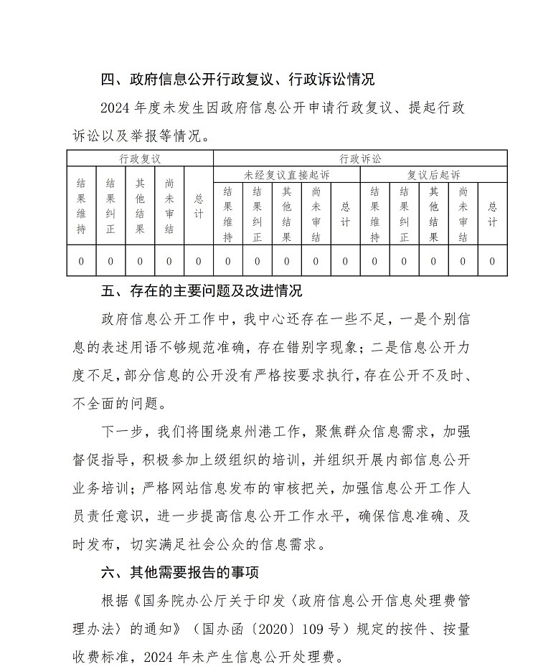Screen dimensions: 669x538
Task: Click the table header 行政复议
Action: click(x=140, y=158)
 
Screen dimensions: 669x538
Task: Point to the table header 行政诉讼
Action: click(x=360, y=158)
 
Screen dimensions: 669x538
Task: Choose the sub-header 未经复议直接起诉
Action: click(x=286, y=174)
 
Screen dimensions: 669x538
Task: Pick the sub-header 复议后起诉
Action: click(x=433, y=174)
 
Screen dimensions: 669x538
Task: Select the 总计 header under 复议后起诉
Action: click(x=492, y=214)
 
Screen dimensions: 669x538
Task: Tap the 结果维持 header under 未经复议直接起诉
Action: click(x=227, y=214)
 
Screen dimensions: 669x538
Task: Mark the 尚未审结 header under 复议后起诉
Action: click(x=463, y=214)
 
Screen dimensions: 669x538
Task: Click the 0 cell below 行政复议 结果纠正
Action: click(x=110, y=262)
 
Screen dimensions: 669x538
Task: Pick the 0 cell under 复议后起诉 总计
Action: click(x=492, y=262)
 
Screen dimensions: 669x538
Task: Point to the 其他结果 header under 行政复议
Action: click(x=140, y=207)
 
